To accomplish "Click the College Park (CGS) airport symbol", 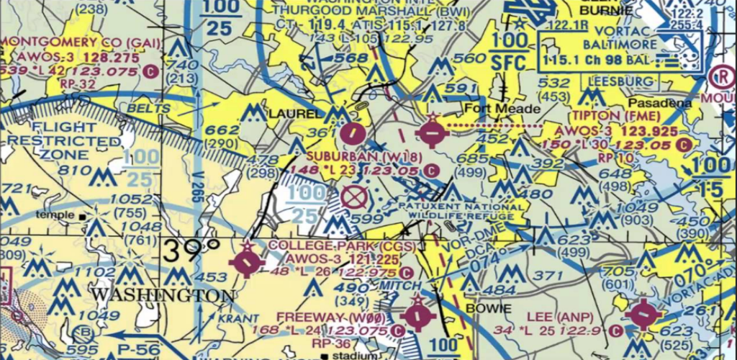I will click(247, 264).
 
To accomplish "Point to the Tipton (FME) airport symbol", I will click(430, 132).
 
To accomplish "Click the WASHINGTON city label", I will click(162, 296).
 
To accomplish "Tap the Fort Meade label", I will click(501, 109).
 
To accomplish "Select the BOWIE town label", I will click(489, 308).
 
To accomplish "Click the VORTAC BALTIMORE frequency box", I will click(612, 50).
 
